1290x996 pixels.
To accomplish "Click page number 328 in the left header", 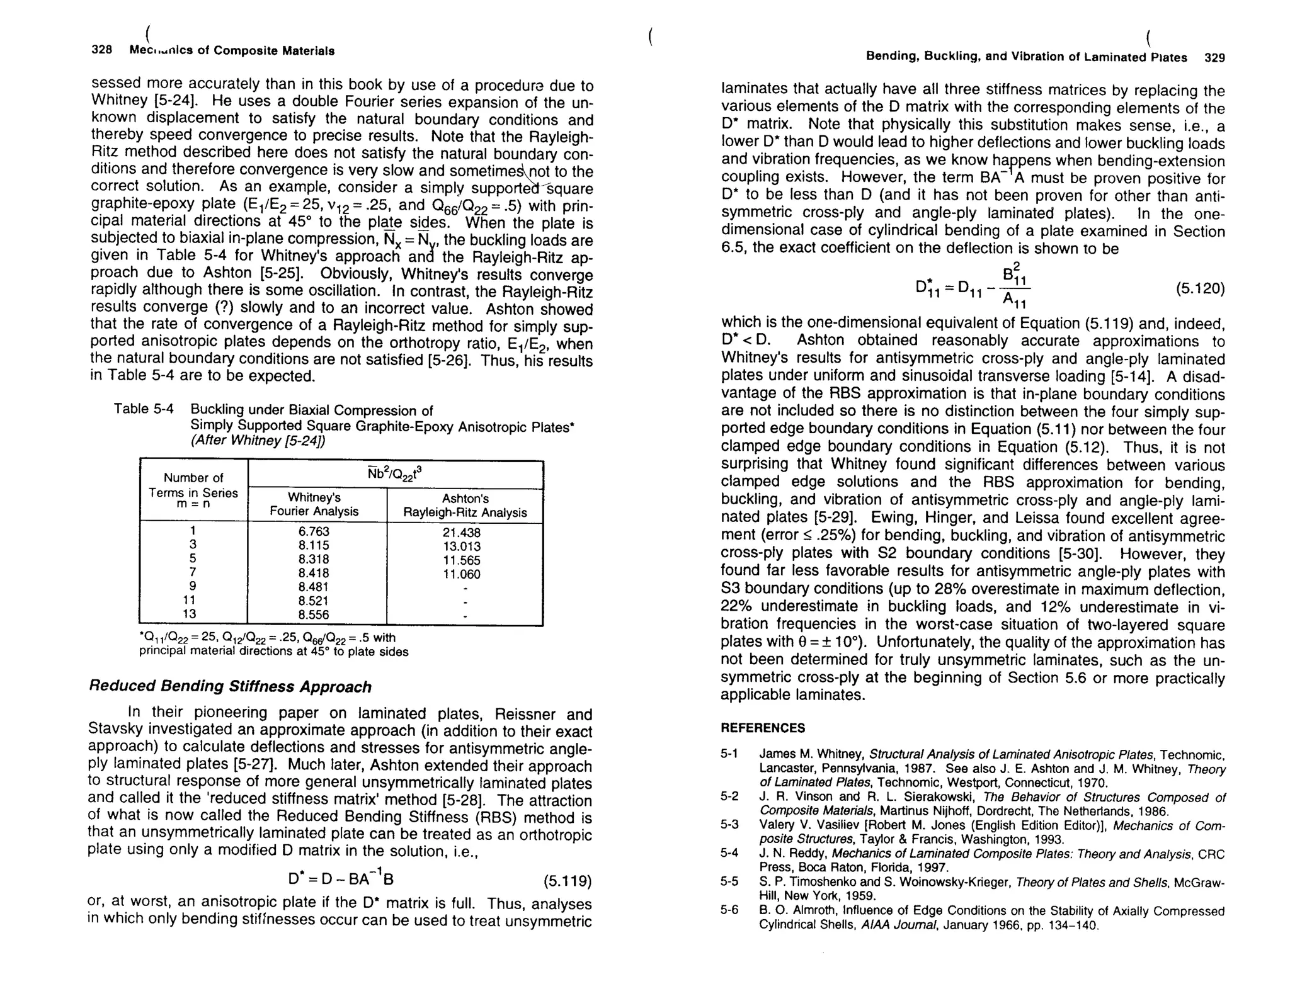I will pos(101,50).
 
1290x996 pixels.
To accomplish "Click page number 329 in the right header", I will pos(1214,57).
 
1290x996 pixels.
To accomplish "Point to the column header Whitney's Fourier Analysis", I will pos(314,505).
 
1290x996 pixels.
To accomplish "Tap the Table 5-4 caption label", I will pos(144,409).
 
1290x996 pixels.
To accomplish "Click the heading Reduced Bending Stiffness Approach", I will pos(231,686).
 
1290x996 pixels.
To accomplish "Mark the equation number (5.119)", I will pos(568,880).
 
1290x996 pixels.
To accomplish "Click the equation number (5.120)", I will pos(1200,288).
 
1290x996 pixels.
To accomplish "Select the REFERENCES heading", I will pos(762,728).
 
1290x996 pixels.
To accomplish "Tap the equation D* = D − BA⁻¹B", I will pos(341,878).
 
